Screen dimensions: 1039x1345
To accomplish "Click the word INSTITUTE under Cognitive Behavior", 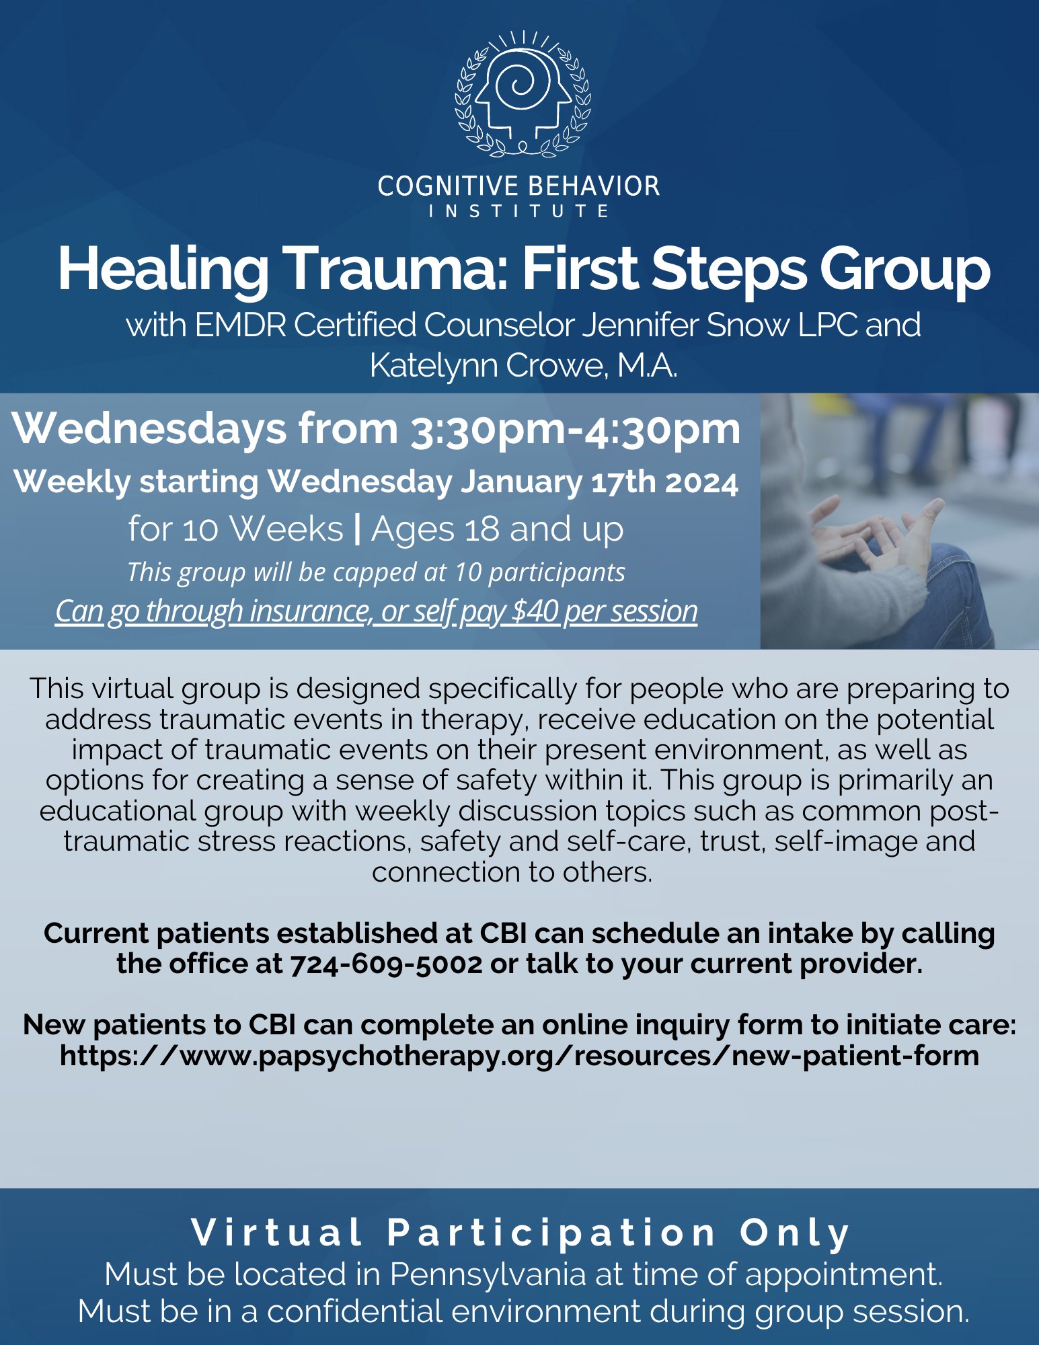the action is tap(518, 211).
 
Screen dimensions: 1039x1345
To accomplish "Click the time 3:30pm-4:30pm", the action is tap(575, 430).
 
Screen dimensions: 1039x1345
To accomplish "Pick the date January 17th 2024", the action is tap(599, 482).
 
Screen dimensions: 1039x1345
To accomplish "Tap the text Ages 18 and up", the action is tap(497, 529).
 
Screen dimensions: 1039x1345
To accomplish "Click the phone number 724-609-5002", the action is tap(386, 964).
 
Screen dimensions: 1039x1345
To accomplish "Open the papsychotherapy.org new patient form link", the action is tap(519, 1055).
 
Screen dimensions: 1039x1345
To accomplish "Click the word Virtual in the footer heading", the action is tap(276, 1232).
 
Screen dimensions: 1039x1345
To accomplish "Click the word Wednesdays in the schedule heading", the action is tap(149, 429).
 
